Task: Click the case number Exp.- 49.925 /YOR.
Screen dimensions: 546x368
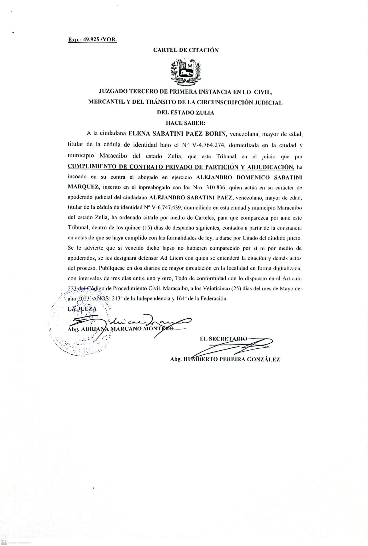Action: (92, 40)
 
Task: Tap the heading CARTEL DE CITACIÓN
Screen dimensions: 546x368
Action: (186, 50)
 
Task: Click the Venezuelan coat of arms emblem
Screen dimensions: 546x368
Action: (186, 71)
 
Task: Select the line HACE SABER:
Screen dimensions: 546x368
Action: (186, 123)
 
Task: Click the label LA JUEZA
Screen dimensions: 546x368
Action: (82, 309)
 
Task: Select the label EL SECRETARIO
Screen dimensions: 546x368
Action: (223, 339)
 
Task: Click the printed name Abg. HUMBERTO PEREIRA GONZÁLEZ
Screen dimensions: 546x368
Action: (225, 359)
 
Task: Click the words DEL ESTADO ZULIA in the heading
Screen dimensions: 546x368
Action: (186, 113)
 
